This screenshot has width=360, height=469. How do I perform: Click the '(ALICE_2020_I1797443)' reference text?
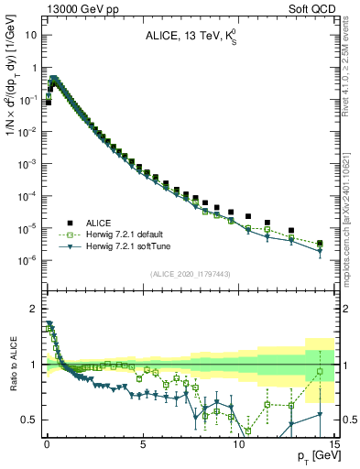point(190,275)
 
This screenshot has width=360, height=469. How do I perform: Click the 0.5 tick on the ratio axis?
point(31,420)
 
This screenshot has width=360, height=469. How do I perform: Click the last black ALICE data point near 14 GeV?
point(319,244)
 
